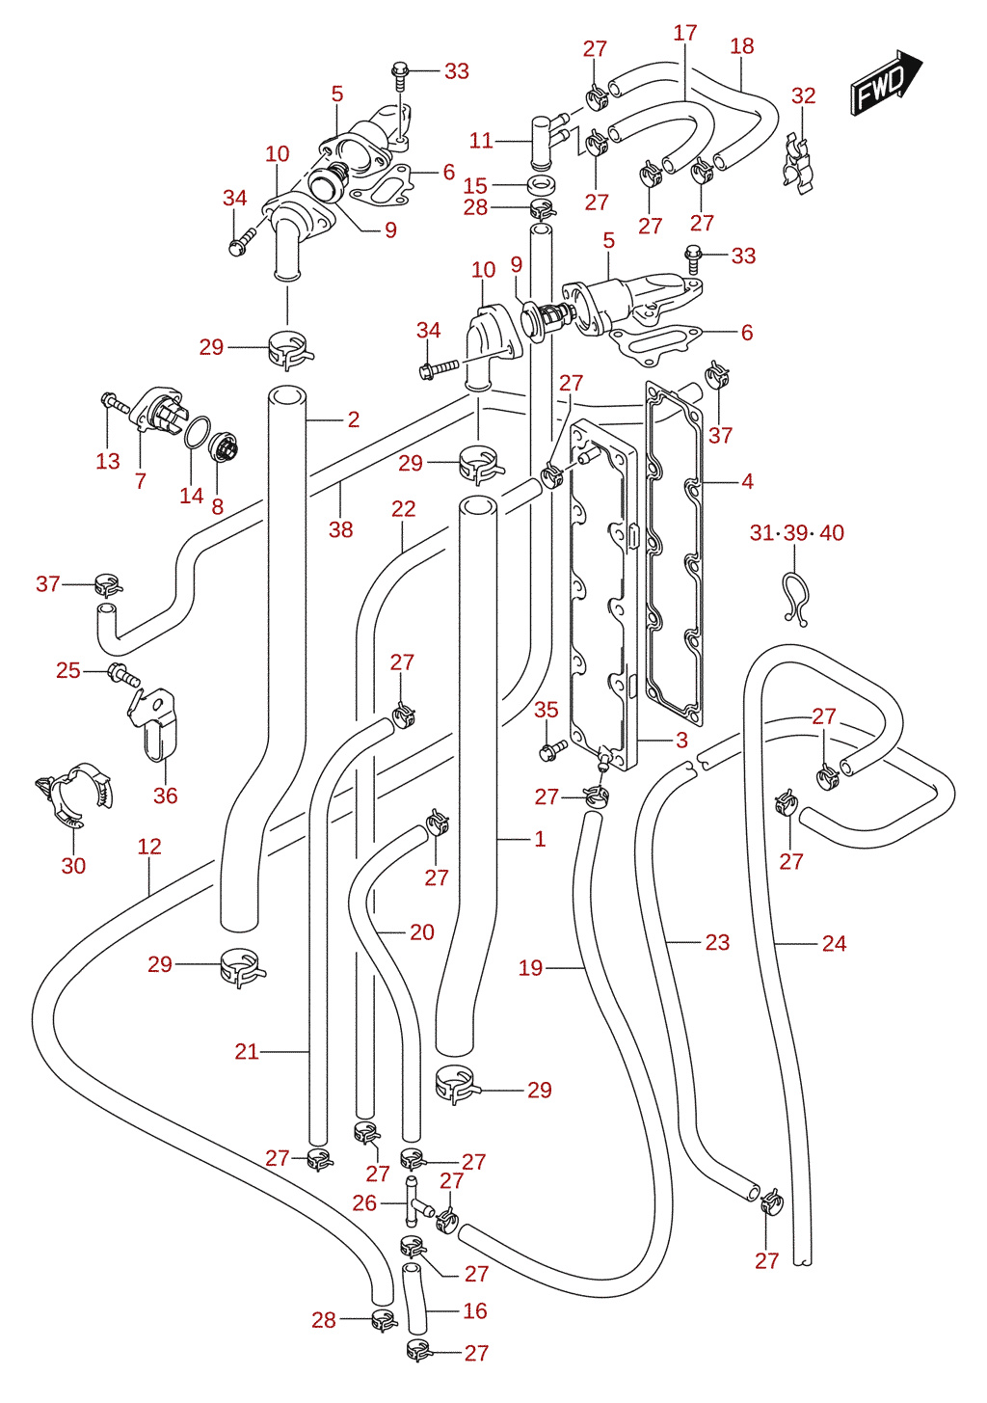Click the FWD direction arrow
pyautogui.click(x=886, y=82)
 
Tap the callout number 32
pyautogui.click(x=804, y=95)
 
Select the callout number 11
pyautogui.click(x=481, y=141)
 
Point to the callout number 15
pyautogui.click(x=475, y=185)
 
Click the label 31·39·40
pyautogui.click(x=796, y=532)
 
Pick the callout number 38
pyautogui.click(x=340, y=529)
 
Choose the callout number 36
pyautogui.click(x=166, y=796)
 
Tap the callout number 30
pyautogui.click(x=73, y=866)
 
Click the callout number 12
pyautogui.click(x=149, y=847)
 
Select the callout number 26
pyautogui.click(x=364, y=1202)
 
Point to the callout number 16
pyautogui.click(x=475, y=1310)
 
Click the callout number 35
pyautogui.click(x=547, y=710)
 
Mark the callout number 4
pyautogui.click(x=747, y=481)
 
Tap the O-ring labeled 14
pyautogui.click(x=198, y=433)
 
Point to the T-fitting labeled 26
pyautogui.click(x=416, y=1201)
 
